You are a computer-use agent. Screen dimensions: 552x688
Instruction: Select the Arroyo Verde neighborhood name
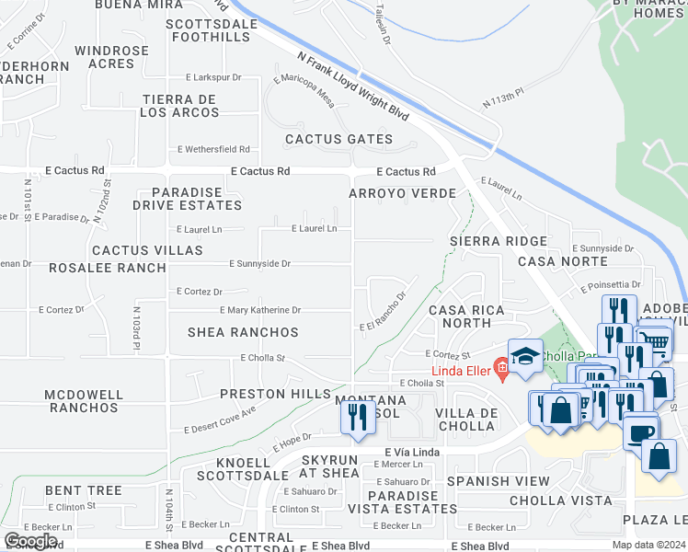(402, 193)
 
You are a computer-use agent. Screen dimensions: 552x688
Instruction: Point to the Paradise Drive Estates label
(189, 199)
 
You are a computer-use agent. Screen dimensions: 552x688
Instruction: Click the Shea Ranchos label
(243, 332)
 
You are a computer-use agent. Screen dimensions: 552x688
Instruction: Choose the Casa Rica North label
(466, 316)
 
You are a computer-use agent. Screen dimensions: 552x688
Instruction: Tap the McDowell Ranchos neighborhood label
(84, 401)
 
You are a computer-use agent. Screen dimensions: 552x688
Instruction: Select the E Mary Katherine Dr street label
(260, 311)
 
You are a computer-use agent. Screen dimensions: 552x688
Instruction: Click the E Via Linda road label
(412, 453)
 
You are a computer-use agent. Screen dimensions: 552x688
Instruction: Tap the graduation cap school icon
(525, 357)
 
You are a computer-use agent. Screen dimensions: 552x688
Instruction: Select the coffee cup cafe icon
(640, 431)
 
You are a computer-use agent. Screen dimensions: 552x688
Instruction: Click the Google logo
(30, 541)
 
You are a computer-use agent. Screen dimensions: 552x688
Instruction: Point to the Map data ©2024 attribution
(648, 545)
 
